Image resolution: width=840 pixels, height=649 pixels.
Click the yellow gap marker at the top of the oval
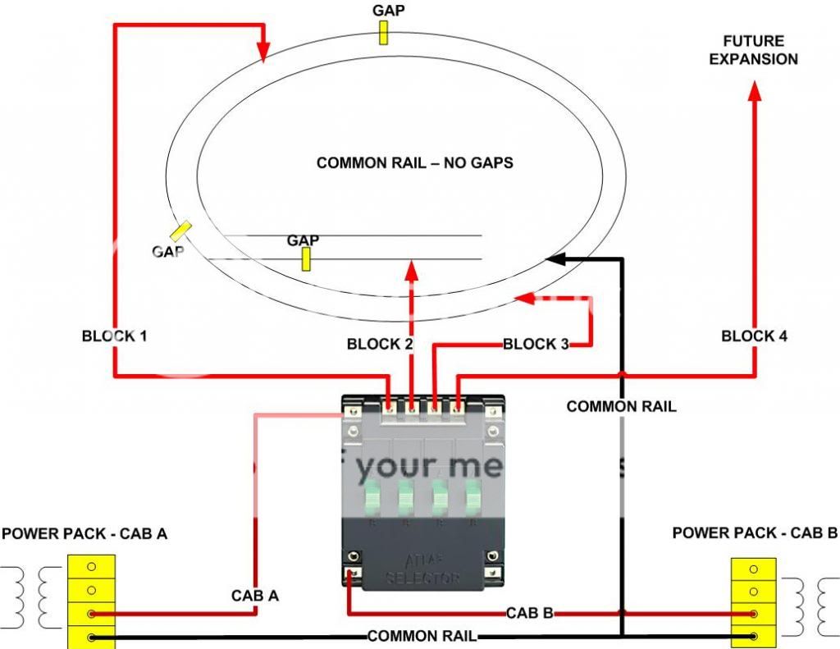(383, 32)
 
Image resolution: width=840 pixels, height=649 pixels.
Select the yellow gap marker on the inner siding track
(306, 258)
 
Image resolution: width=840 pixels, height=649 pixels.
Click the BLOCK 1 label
(115, 336)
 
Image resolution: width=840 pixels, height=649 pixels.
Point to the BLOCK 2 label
(380, 345)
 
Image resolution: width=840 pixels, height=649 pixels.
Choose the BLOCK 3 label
(536, 345)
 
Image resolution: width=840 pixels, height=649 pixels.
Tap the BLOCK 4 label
(755, 336)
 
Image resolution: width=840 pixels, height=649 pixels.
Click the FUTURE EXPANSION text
(754, 50)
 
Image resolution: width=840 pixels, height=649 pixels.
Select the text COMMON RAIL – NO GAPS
(415, 163)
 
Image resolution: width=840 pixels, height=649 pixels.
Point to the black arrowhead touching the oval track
(555, 259)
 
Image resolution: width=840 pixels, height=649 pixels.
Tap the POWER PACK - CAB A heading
(84, 534)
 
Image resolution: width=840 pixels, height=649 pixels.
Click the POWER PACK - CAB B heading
(755, 533)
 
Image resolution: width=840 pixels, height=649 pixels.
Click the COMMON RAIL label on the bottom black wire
(422, 636)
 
